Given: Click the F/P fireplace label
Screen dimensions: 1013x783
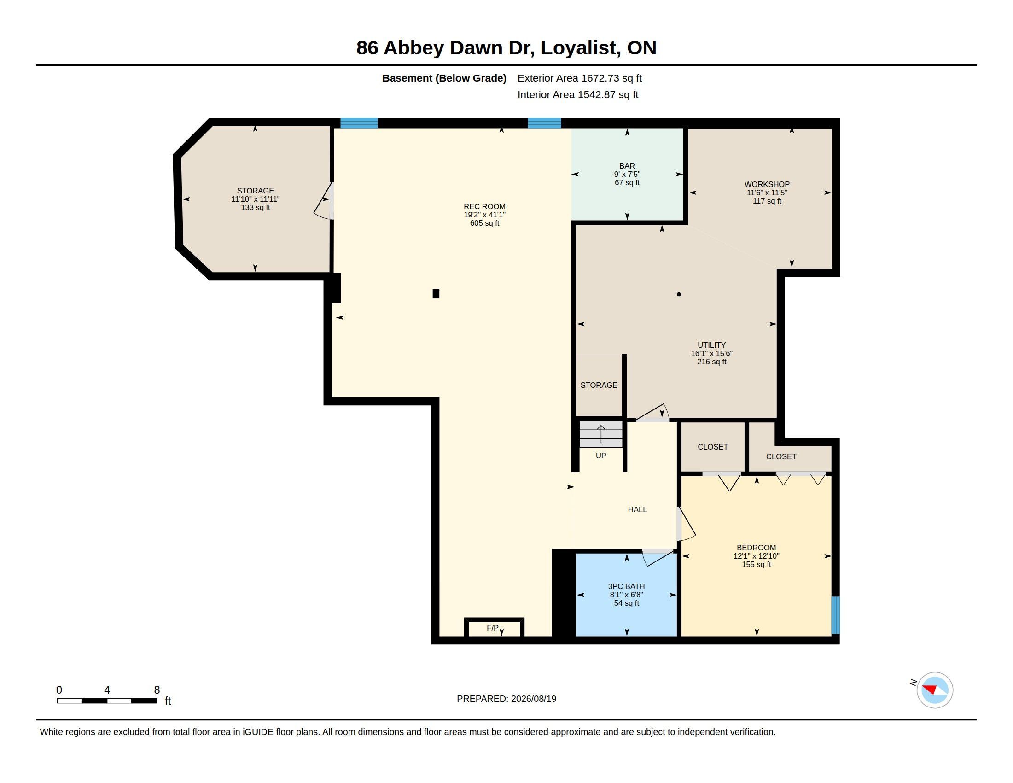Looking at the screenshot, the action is (x=493, y=628).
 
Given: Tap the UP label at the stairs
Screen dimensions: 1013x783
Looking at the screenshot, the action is (x=600, y=456).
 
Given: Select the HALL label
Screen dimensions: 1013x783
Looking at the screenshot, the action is (x=637, y=509).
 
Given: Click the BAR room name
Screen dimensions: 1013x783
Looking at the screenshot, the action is (x=627, y=166).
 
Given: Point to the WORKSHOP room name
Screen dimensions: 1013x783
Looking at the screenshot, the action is (x=767, y=184).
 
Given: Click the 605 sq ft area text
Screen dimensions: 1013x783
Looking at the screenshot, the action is (x=485, y=223).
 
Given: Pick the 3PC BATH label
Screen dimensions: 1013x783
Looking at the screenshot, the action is (x=627, y=586).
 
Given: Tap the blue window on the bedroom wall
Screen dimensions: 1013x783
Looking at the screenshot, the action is (x=835, y=615).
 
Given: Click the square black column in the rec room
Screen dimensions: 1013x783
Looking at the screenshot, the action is (x=436, y=294).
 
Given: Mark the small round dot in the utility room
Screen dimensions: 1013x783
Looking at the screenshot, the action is (x=679, y=294).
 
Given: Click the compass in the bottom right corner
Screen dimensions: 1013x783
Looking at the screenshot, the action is (x=935, y=690).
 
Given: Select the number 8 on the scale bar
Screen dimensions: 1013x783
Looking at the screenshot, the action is (x=157, y=690).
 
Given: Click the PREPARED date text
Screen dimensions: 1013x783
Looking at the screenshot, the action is (x=506, y=699).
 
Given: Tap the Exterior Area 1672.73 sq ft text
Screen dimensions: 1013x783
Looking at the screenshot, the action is (x=580, y=78).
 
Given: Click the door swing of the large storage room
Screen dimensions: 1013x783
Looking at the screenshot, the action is (x=324, y=200).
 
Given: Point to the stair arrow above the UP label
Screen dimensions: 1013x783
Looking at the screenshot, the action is (x=601, y=434).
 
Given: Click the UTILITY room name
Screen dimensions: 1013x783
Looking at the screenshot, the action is (x=711, y=345).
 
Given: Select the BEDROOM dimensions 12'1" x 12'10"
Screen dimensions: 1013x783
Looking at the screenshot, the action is (x=757, y=556).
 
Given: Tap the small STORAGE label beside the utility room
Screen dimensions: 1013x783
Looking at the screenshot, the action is (x=599, y=385).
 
